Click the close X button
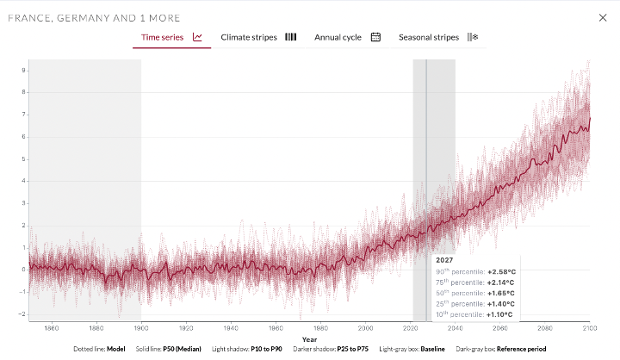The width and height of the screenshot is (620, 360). click(602, 17)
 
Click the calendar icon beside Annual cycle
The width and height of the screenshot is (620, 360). click(375, 37)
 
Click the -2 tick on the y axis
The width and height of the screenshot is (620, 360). click(23, 314)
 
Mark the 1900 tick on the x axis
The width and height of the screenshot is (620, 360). click(141, 327)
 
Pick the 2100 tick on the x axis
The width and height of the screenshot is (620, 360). click(589, 327)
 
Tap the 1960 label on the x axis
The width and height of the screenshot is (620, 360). click(276, 327)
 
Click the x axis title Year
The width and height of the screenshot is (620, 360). click(309, 338)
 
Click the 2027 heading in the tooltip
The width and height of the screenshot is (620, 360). click(444, 259)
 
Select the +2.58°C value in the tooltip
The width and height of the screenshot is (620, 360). click(500, 271)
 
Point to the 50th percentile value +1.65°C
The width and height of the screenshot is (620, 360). click(500, 293)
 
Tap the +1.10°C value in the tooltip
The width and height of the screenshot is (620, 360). click(500, 314)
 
